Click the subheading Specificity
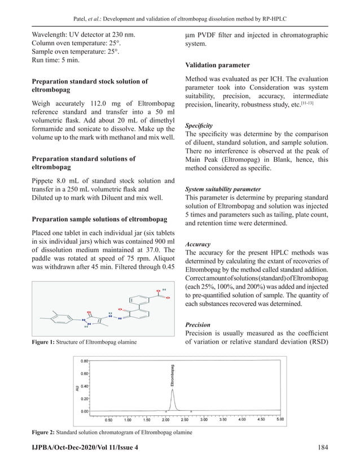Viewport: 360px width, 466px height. [x=199, y=125]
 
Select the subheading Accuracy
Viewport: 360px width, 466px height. [x=197, y=244]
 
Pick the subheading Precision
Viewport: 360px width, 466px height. [x=198, y=325]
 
